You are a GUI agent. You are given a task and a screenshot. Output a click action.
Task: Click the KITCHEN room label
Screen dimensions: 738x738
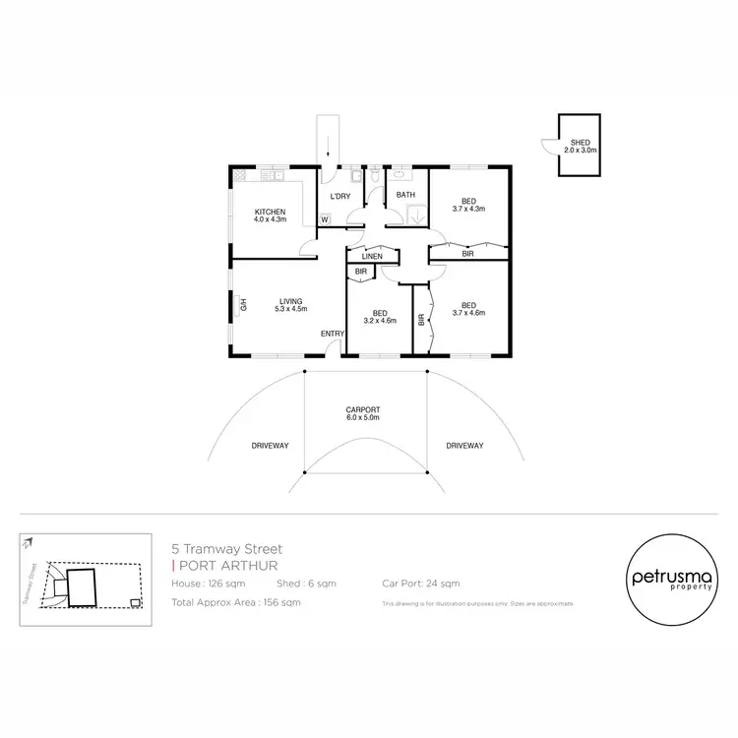pos(270,213)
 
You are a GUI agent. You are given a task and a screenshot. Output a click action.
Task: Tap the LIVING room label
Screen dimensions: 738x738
pos(289,301)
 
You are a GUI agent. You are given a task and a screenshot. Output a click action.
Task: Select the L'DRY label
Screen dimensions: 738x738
pos(339,197)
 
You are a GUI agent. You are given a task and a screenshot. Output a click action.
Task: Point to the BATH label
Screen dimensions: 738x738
pos(405,195)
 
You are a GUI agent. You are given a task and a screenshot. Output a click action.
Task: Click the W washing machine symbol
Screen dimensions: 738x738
pos(325,219)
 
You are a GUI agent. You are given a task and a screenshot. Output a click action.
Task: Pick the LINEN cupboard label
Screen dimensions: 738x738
pos(372,256)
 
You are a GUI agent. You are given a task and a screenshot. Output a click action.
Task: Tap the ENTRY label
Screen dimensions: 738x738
pos(333,334)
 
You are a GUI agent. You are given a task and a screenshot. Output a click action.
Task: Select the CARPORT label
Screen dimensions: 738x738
pos(363,409)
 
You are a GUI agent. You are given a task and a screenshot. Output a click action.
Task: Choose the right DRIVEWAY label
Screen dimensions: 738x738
pos(463,446)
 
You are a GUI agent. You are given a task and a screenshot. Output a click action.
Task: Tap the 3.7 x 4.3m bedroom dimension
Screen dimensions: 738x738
pos(468,209)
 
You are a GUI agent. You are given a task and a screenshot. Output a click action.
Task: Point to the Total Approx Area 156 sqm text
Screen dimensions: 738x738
pos(235,601)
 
